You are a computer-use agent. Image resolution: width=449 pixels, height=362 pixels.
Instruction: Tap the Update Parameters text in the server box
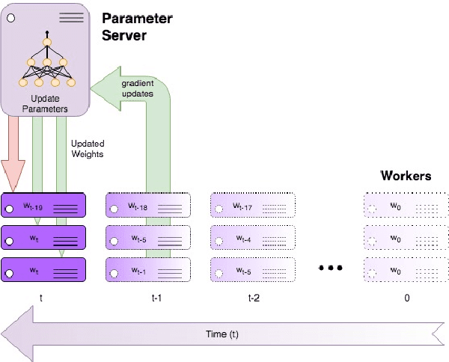tap(46, 104)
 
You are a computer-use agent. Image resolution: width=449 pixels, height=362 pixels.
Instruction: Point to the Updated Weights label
tap(88, 148)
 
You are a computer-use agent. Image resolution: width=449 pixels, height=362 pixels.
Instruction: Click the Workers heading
tap(406, 177)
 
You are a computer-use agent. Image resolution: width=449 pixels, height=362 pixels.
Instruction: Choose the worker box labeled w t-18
tap(148, 205)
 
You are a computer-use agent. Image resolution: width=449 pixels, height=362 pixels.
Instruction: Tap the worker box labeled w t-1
tap(148, 269)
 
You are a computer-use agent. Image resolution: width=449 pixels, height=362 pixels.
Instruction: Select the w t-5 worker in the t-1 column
tap(148, 238)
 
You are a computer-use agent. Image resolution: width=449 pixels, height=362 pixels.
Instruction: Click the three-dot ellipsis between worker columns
tap(330, 268)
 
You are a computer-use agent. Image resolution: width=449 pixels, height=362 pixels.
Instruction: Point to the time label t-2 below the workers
tap(254, 298)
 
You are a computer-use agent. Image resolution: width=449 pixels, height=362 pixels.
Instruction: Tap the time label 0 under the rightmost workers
tap(406, 298)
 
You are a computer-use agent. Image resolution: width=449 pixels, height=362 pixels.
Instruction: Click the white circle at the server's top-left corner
tap(11, 16)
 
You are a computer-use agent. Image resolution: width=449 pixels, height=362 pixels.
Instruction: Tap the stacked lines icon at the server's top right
tap(71, 16)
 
